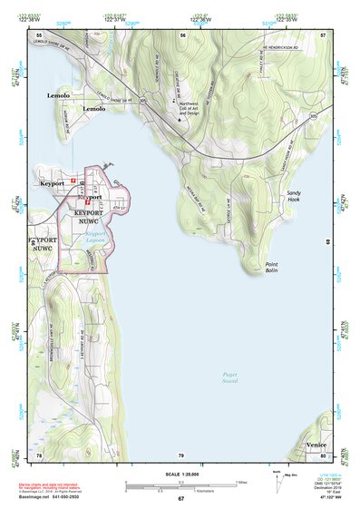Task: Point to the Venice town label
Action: point(316,445)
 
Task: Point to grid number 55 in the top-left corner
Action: point(39,34)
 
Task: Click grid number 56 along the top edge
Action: point(182,34)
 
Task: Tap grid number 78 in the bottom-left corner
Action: point(39,455)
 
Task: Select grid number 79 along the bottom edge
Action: point(181,455)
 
